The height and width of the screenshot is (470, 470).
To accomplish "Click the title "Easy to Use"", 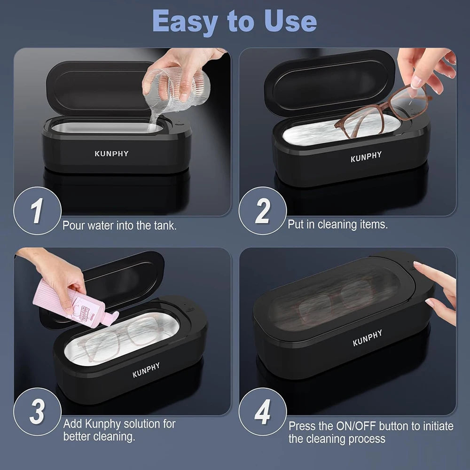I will tap(235, 21).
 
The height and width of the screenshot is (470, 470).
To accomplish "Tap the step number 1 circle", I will tap(37, 211).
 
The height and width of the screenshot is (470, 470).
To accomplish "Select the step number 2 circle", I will tap(262, 211).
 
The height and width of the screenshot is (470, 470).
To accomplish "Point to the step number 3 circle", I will tap(37, 412).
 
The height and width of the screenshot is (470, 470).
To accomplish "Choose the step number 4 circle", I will tap(262, 412).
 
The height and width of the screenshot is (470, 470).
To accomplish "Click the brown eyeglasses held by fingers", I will tap(381, 110).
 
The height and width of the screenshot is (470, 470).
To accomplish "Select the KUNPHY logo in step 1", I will tap(111, 154).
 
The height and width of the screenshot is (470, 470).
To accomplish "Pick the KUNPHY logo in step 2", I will tap(366, 157).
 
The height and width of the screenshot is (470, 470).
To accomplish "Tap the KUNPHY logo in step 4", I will tap(368, 337).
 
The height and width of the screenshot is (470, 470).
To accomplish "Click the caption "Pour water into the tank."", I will tap(120, 226).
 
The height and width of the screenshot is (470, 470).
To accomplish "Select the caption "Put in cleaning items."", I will tap(337, 225).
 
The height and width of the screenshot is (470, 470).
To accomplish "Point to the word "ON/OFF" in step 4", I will tap(361, 426).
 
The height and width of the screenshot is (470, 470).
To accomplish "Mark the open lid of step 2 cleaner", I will tap(329, 82).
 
